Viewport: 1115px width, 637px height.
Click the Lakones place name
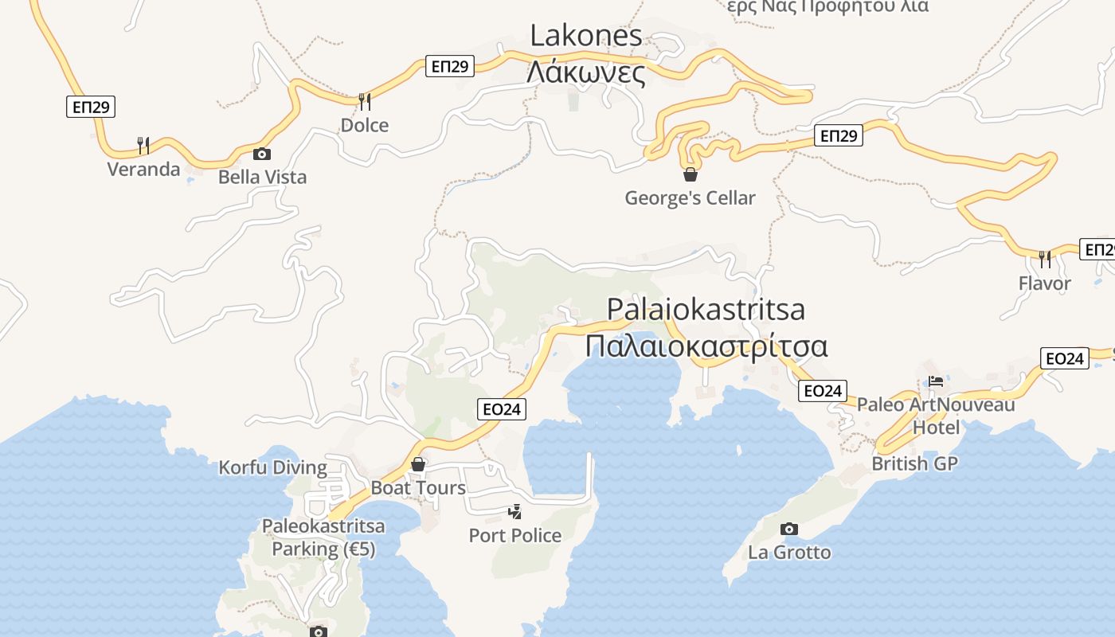[x=586, y=35]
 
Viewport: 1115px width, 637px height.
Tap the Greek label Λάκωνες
[x=586, y=72]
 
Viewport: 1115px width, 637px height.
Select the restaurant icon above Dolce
[x=365, y=101]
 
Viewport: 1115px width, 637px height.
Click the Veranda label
[x=144, y=169]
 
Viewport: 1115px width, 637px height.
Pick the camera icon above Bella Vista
[x=261, y=154]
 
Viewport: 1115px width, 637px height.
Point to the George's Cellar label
[x=690, y=197]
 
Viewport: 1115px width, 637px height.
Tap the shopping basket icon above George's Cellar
[x=691, y=174]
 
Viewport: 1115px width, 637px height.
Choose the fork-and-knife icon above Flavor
[x=1044, y=259]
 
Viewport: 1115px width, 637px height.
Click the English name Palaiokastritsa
[x=706, y=309]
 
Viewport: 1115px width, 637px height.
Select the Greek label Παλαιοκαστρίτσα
[x=706, y=346]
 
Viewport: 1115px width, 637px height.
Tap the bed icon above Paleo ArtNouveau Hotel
[x=936, y=381]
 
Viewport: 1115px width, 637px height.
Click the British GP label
[x=914, y=463]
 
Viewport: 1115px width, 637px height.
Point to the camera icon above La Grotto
[x=789, y=529]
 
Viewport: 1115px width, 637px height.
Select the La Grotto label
[x=789, y=552]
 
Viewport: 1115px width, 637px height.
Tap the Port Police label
[x=515, y=535]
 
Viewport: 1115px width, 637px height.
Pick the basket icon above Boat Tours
[x=418, y=464]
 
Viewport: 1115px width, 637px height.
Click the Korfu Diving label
[x=273, y=467]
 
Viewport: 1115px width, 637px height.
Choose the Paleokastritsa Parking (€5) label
[x=323, y=537]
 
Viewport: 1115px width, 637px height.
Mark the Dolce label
[x=365, y=125]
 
